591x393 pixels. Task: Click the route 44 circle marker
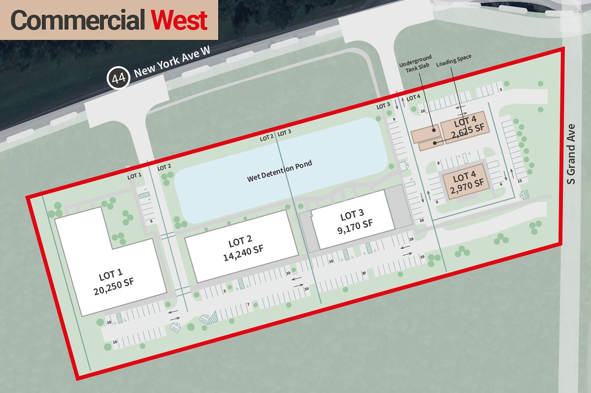coord(118,78)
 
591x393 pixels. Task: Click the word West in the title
coord(179,21)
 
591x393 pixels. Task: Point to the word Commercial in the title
coord(78,21)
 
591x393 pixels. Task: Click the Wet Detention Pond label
coord(280,170)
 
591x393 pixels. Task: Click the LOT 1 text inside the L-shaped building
coord(110,274)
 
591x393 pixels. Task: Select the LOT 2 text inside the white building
coord(240,242)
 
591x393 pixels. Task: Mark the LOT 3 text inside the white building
coord(352,215)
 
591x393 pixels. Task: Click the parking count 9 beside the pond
coord(394,119)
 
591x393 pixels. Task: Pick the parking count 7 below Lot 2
coord(248,305)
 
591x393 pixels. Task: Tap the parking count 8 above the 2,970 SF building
coord(438,163)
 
